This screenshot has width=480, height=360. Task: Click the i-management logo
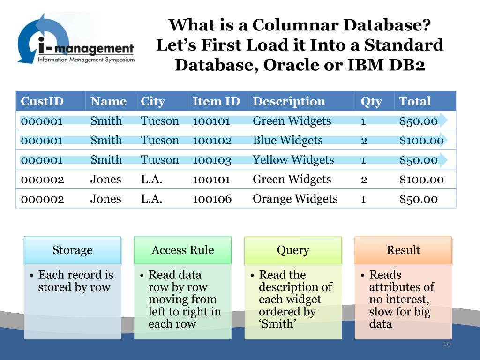click(75, 40)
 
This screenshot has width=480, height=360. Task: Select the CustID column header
click(42, 101)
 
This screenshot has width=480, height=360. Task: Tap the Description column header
click(289, 101)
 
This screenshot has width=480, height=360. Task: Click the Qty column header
click(371, 101)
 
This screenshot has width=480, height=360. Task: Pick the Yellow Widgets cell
click(293, 160)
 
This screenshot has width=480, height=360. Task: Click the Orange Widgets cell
click(295, 199)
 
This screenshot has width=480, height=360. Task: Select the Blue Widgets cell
click(288, 140)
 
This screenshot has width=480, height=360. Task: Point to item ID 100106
click(212, 199)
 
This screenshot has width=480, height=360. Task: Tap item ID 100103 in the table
click(212, 160)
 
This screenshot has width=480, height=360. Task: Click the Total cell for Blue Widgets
click(421, 140)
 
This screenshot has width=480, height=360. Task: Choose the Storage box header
click(72, 250)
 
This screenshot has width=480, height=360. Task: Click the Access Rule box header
click(182, 250)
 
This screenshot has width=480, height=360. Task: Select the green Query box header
click(293, 250)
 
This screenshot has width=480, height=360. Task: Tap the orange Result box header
click(403, 250)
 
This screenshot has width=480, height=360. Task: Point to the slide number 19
click(447, 345)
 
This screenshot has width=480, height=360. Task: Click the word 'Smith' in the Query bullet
click(278, 324)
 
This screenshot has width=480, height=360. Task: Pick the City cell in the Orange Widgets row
click(151, 199)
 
